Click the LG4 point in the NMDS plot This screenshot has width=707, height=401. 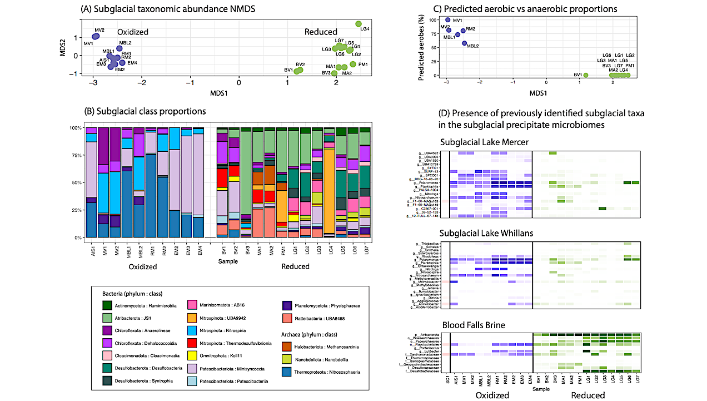coord(359,24)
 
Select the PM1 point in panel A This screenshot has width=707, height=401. coord(353,64)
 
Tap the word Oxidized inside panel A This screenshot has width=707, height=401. coord(132,32)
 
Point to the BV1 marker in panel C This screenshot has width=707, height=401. coord(586,75)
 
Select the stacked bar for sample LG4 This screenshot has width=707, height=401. coord(329,184)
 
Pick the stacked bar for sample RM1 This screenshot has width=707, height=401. coord(151,184)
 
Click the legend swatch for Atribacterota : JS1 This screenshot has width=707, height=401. coord(108,319)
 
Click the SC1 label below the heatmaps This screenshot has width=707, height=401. coord(447,382)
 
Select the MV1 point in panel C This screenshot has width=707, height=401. coord(448,20)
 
